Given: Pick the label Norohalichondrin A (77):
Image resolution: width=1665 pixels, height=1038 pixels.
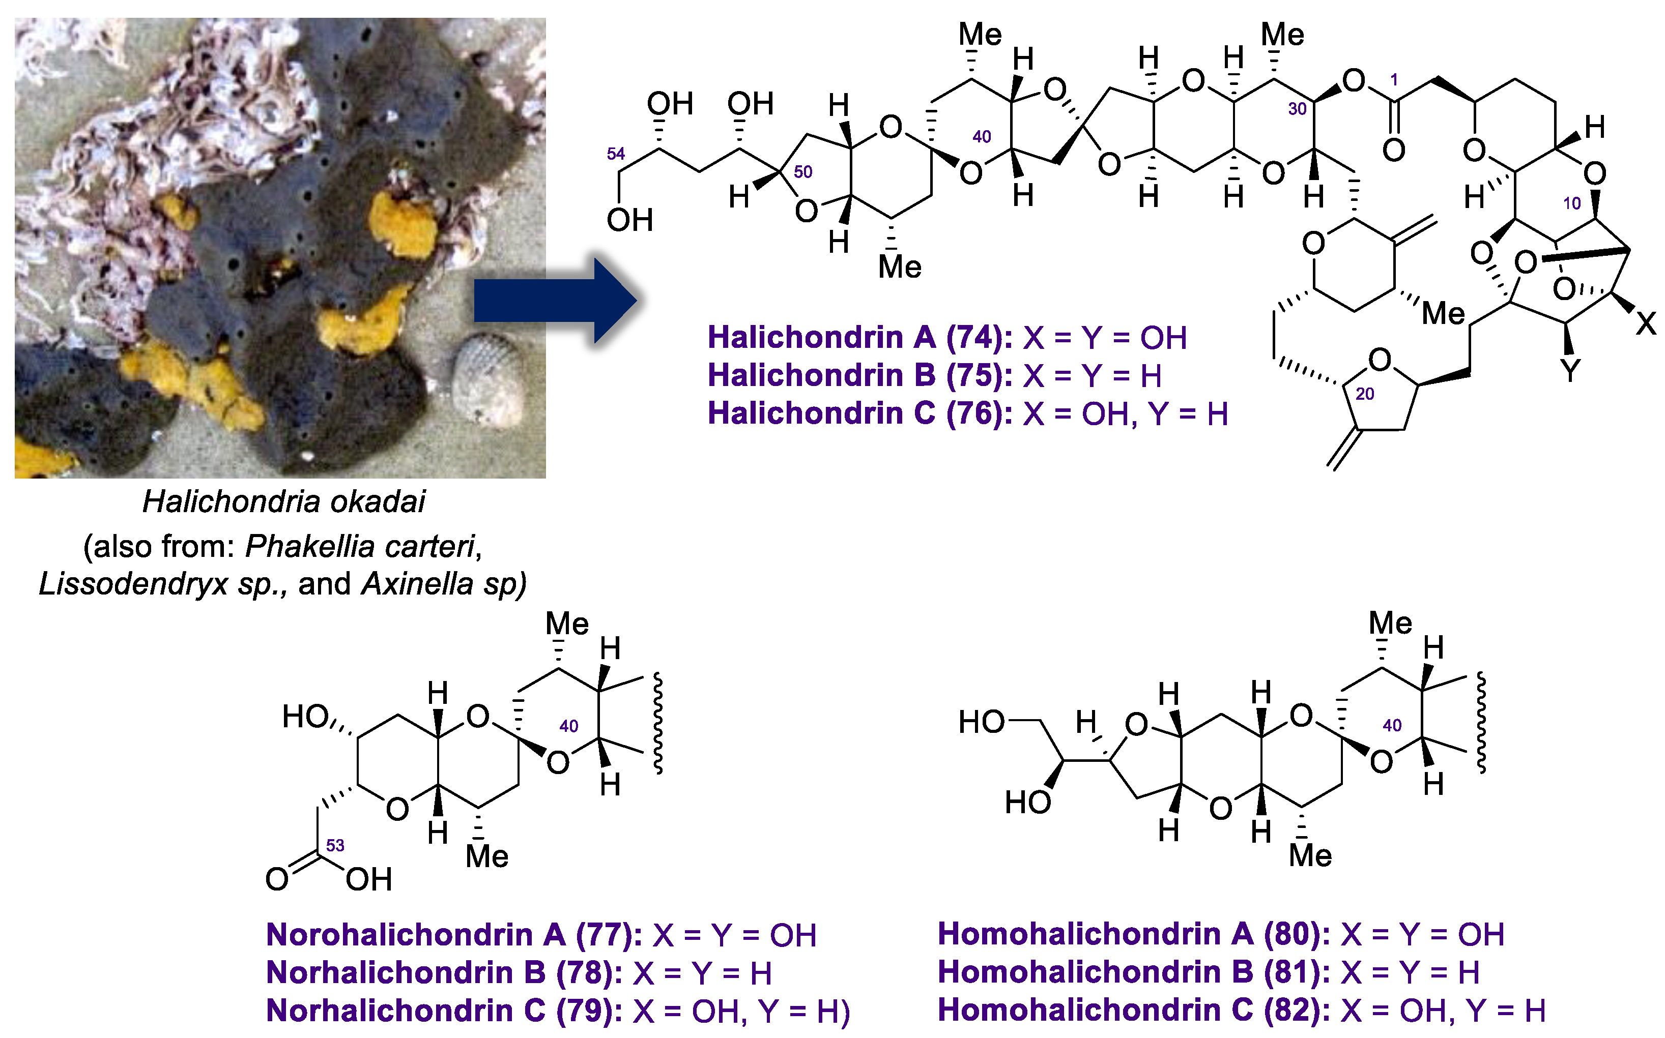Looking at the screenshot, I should click(454, 935).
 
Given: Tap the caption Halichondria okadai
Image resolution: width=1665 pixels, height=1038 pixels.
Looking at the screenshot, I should click(283, 502).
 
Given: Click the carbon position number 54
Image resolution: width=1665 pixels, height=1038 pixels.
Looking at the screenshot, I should click(615, 154).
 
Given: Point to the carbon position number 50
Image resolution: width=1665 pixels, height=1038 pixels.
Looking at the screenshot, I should click(802, 171).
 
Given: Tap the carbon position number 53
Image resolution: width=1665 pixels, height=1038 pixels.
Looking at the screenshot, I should click(335, 846).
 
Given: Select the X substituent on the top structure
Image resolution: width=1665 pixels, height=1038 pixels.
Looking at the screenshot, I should click(1646, 322).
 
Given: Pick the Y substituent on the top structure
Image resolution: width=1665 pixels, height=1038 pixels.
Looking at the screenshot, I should click(1570, 371).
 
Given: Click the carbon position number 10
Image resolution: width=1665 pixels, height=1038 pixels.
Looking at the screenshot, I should click(1571, 204).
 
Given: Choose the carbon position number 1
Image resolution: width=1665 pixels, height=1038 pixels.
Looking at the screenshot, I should click(1394, 80).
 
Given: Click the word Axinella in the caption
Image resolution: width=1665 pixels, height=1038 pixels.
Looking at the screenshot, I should click(417, 584).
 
